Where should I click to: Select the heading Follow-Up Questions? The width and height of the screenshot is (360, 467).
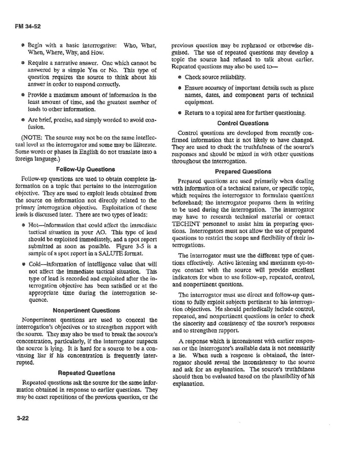(85, 169)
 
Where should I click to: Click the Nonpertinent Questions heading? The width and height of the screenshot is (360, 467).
(86, 311)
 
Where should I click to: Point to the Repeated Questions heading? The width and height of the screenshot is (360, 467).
(86, 373)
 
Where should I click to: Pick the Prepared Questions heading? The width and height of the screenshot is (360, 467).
(243, 171)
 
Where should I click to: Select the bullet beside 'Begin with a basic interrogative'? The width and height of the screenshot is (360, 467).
(23, 46)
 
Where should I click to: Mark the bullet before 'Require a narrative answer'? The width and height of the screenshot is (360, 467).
(23, 63)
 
